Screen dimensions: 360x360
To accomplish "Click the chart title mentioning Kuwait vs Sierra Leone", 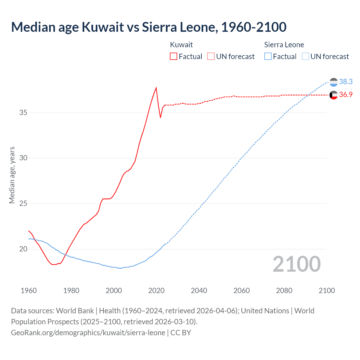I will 148,27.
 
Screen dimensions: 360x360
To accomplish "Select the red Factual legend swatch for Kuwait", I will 174,56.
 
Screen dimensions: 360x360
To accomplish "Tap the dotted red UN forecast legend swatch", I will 211,56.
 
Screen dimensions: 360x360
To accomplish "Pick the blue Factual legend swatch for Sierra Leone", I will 268,56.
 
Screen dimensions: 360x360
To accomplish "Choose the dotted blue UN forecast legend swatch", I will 305,56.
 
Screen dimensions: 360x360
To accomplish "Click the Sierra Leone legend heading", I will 284,45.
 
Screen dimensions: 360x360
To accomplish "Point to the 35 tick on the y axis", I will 23,112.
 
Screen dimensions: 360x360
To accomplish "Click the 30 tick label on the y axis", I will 23,158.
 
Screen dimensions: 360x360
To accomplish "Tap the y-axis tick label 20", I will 23,249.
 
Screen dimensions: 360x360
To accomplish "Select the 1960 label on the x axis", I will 29,291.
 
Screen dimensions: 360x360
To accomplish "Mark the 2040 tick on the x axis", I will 199,291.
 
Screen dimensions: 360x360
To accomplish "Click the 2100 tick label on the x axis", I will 327,291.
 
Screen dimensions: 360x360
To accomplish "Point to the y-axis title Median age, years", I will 12,175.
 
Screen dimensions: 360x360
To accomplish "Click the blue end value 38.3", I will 346,82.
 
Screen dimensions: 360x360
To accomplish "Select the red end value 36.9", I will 346,95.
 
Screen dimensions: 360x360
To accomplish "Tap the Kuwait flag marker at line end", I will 334,95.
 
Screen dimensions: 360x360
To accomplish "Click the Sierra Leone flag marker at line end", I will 334,82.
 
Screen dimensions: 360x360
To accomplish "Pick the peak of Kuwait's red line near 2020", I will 156,87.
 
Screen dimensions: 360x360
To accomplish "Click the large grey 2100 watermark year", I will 297,264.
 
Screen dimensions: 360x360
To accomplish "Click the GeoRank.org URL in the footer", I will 88,333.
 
